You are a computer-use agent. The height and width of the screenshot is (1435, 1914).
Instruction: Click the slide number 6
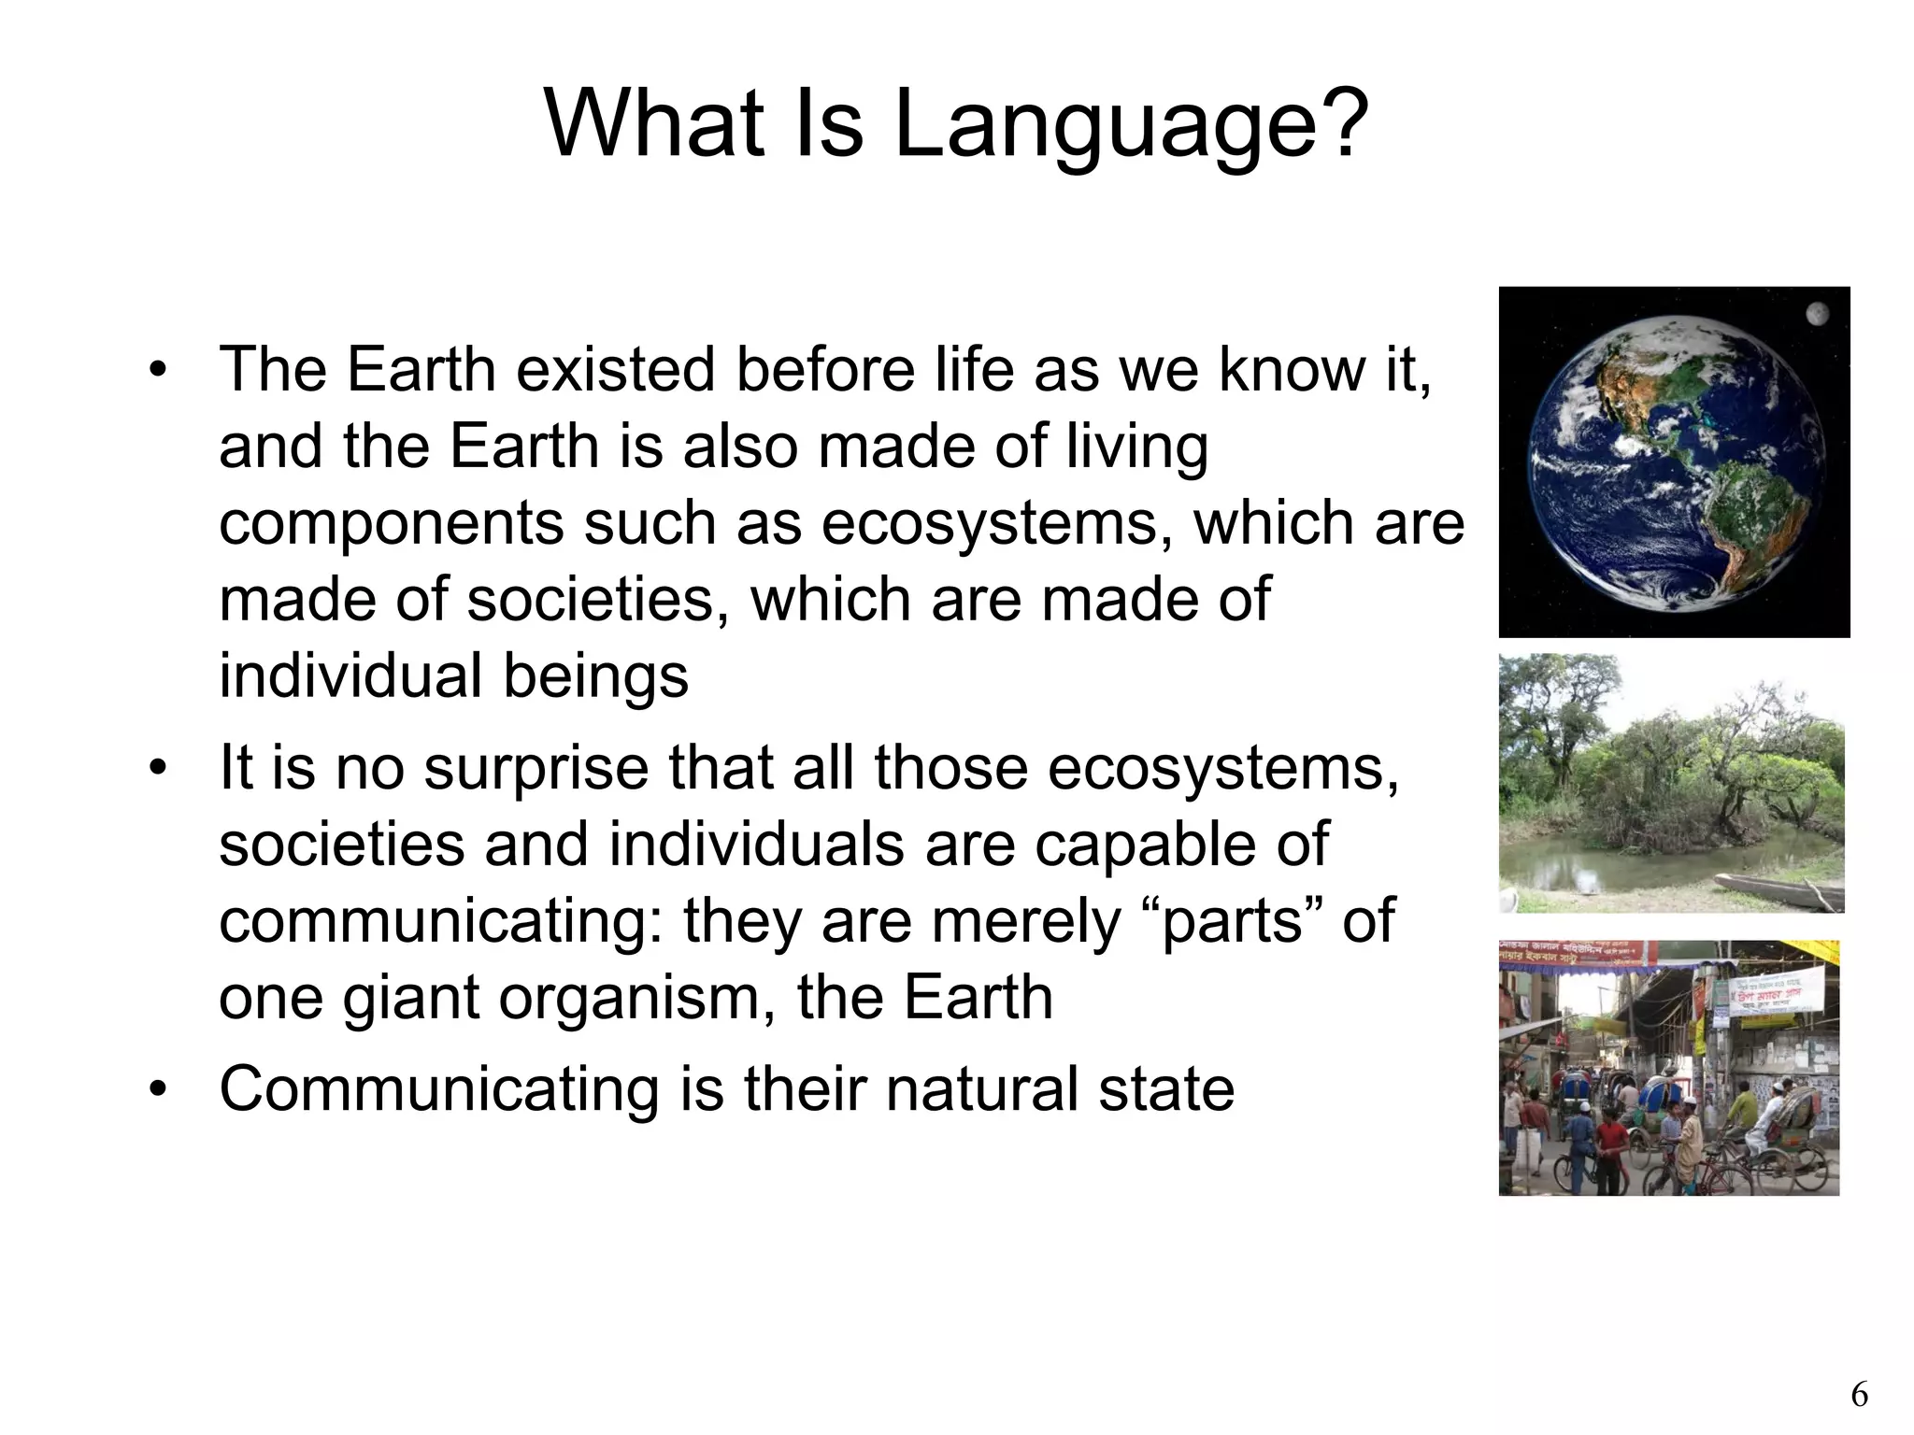(1859, 1395)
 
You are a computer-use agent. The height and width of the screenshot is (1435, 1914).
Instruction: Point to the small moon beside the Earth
(1817, 315)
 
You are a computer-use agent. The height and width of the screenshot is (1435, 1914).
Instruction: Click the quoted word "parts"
(1231, 920)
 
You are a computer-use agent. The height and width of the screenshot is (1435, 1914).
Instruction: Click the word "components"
(391, 523)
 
